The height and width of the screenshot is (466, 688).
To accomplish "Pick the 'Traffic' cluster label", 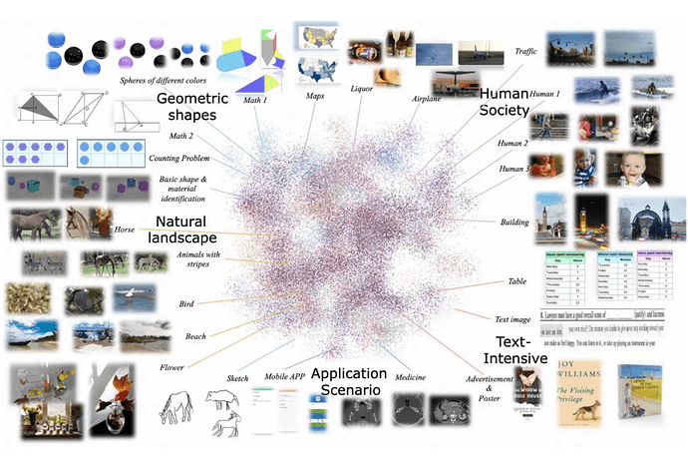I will [525, 51].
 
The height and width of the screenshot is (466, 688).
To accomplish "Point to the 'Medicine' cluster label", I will [414, 377].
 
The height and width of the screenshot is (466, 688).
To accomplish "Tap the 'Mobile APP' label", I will [283, 376].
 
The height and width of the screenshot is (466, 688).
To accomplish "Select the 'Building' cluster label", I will [516, 223].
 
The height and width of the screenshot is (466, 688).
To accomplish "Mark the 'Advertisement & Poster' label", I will [489, 385].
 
